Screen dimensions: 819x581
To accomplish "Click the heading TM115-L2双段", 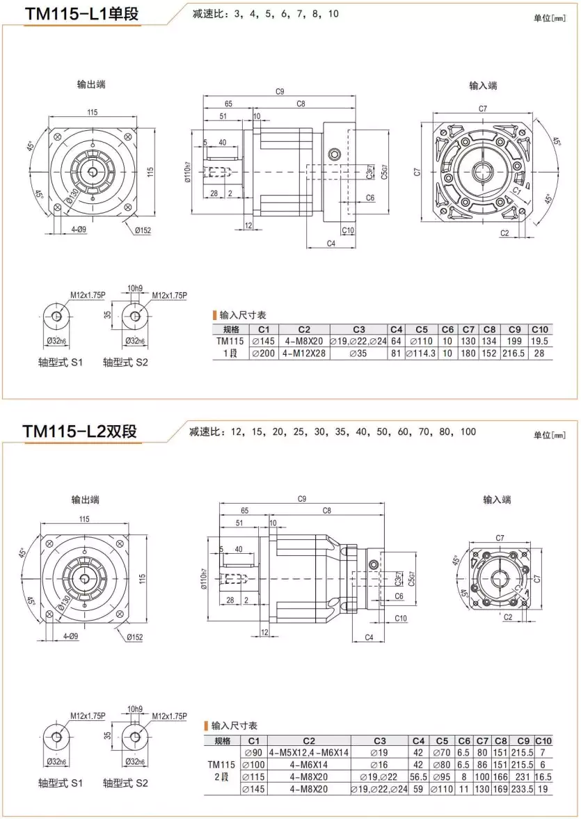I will (x=79, y=431).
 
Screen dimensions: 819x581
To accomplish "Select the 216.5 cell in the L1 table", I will (x=514, y=353).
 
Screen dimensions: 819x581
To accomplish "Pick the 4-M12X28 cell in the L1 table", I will (x=304, y=353).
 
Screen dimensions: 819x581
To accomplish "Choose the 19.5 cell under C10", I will (x=540, y=342).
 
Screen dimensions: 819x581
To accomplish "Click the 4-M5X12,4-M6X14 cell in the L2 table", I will (x=309, y=753).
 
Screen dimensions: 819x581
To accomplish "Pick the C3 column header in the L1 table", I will (x=358, y=329).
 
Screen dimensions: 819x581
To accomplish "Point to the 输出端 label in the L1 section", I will (x=91, y=84).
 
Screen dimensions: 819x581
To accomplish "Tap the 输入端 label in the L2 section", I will (x=497, y=500).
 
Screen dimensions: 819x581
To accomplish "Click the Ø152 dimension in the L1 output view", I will (x=144, y=230).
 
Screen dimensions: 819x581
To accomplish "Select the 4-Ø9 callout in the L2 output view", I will (x=70, y=636).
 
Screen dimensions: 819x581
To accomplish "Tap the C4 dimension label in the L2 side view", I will (x=369, y=637).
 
